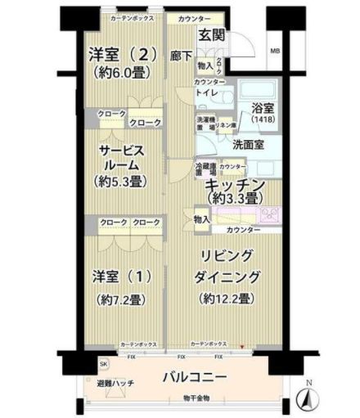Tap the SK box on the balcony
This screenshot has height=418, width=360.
(103, 362)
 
